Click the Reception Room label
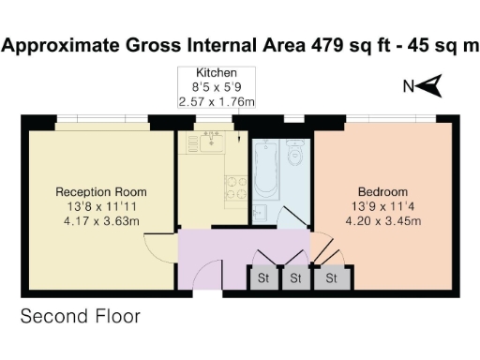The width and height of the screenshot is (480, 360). point(100,192)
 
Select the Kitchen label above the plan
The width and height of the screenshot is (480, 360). point(215,73)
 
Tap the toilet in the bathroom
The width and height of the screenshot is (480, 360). point(296,153)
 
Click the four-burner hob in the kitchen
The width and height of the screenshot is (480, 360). point(233,187)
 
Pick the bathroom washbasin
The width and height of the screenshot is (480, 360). point(260,213)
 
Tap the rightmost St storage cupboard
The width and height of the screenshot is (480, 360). point(331,277)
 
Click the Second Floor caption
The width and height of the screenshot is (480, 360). point(81,317)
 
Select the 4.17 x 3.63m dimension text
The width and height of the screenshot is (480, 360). point(100,222)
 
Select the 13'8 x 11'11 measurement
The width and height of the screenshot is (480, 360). point(100,207)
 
